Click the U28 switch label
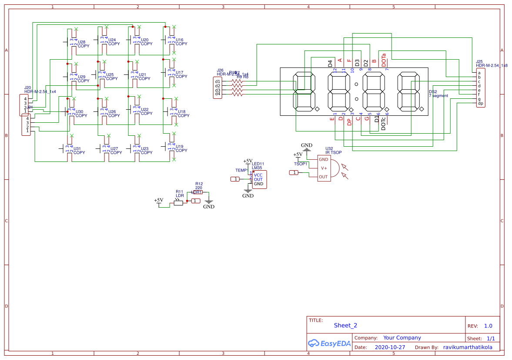(81, 42)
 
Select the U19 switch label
(180, 146)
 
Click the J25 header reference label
(479, 62)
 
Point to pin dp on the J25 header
(480, 104)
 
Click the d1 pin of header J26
(218, 81)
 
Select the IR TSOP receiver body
(324, 168)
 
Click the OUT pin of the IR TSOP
(323, 177)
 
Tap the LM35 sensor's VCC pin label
(258, 175)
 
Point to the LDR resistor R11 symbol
(178, 202)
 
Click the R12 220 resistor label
(199, 186)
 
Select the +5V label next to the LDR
(158, 200)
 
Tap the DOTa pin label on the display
(384, 60)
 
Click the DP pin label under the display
(349, 122)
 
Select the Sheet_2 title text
(345, 325)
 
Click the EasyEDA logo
(329, 343)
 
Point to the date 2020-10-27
(390, 347)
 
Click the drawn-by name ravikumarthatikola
(468, 347)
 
